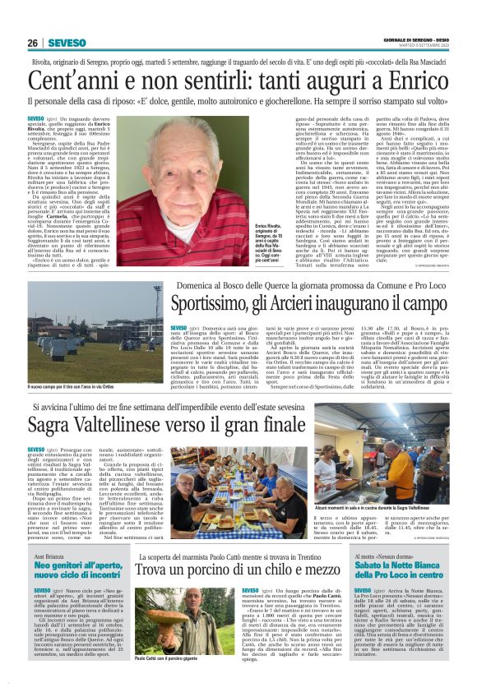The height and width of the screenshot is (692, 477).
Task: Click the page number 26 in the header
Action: pyautogui.click(x=33, y=43)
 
